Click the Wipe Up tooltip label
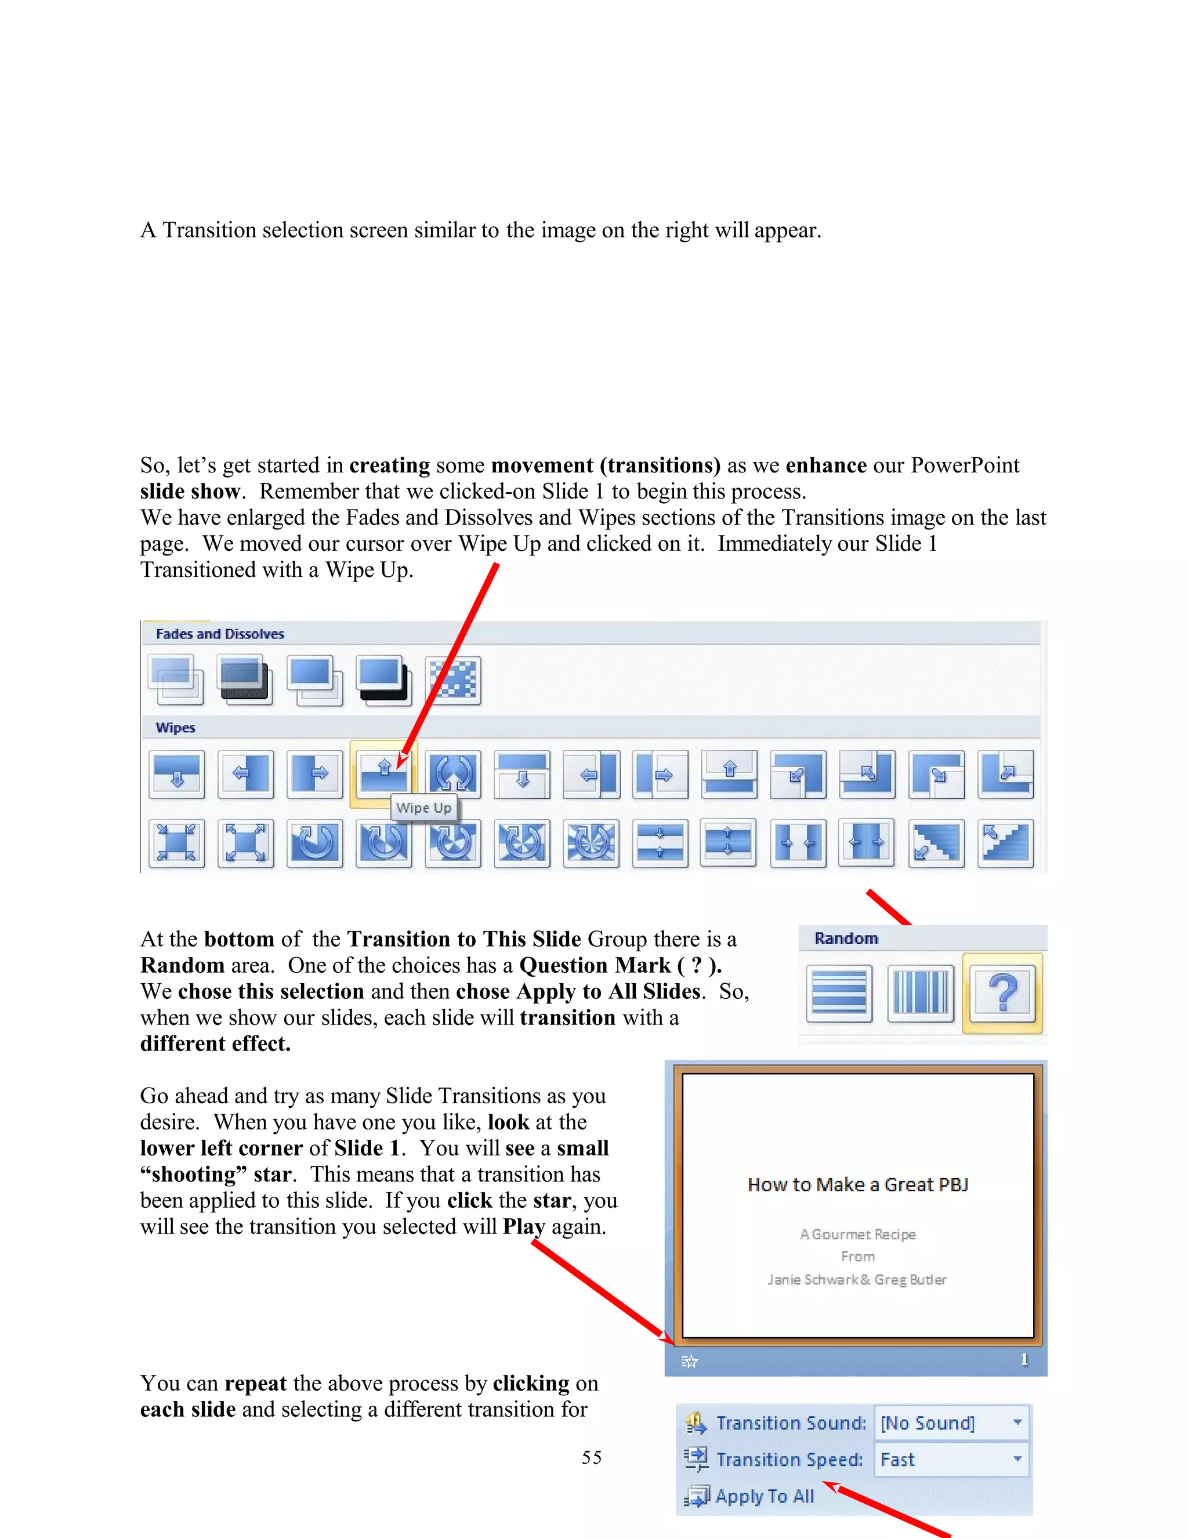coord(423,808)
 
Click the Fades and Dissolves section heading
coord(220,634)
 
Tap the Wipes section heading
coord(175,727)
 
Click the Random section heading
coord(846,938)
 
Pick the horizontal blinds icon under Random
coord(839,994)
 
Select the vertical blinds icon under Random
coord(921,994)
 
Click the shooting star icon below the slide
coord(690,1361)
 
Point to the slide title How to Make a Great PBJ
coord(857,1185)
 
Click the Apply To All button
coord(763,1496)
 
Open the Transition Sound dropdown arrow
coord(1017,1423)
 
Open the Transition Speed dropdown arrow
coord(1017,1459)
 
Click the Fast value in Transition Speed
coord(897,1460)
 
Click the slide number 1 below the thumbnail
coord(1024,1360)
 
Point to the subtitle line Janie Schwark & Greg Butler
coord(857,1280)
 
